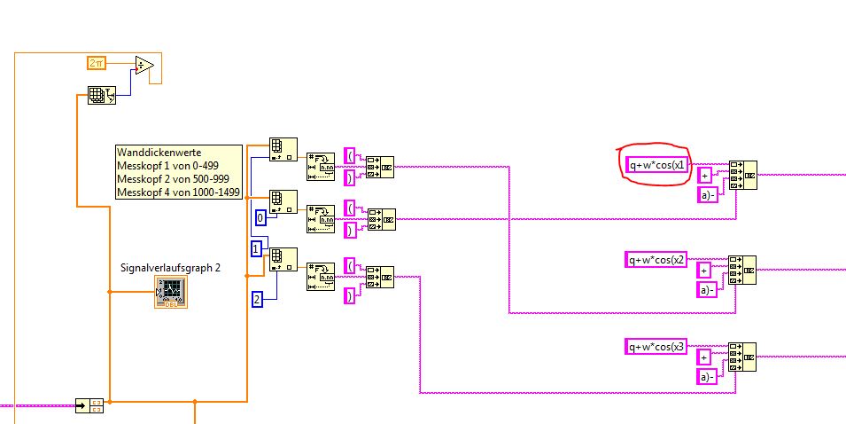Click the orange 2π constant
(x=97, y=62)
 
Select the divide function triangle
(x=144, y=67)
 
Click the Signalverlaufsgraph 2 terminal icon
(x=169, y=291)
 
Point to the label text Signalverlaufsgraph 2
(x=170, y=268)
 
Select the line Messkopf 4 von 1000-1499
(x=178, y=192)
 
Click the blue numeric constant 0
(x=260, y=216)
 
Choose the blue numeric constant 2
(x=257, y=299)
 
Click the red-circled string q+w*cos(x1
(x=655, y=164)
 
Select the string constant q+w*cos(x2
(x=656, y=259)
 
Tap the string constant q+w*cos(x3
(x=656, y=346)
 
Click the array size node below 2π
(x=102, y=96)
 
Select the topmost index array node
(x=283, y=151)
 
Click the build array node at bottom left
(x=89, y=405)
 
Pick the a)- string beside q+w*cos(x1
(x=707, y=194)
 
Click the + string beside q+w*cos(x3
(x=705, y=357)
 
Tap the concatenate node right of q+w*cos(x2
(x=742, y=270)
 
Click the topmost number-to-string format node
(x=320, y=166)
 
